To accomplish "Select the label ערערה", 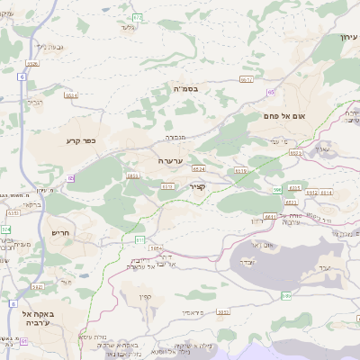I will click(171, 160).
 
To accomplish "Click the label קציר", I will click(198, 187).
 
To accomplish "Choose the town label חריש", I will click(60, 233).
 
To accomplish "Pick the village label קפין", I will click(144, 298).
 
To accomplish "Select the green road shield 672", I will click(137, 17).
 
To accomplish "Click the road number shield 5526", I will click(32, 63).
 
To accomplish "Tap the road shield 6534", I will click(72, 94).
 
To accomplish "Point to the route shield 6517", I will click(247, 79).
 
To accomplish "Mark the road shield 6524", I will click(199, 168).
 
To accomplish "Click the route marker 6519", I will click(240, 170).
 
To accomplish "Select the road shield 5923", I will click(294, 153).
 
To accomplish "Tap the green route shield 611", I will click(139, 239).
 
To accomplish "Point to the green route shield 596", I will click(277, 190).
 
